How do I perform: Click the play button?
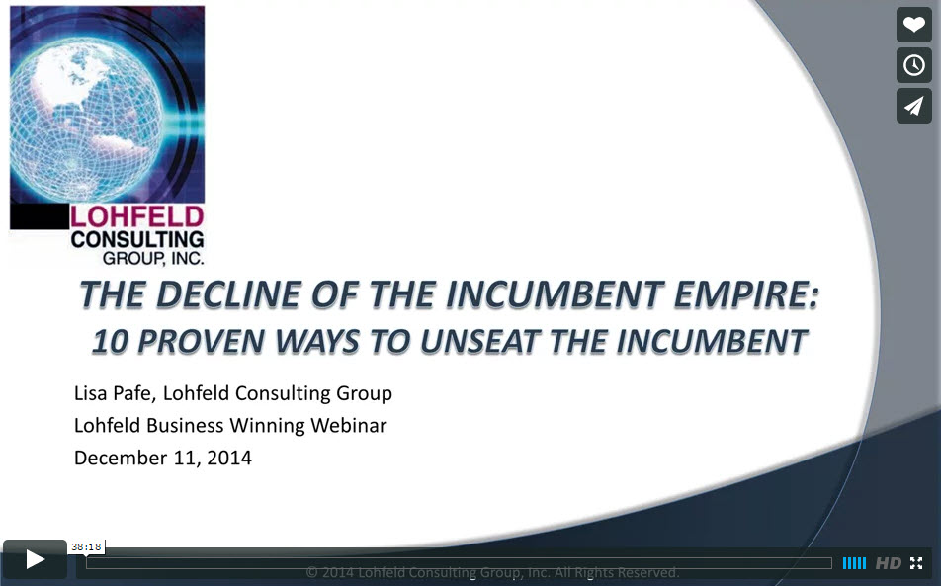[x=35, y=559]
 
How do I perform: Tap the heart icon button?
[x=914, y=25]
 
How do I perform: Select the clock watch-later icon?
[x=914, y=65]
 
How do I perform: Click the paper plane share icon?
[x=914, y=106]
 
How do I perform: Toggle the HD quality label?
[x=889, y=564]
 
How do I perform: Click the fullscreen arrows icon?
[x=916, y=563]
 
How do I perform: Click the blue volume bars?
[x=854, y=563]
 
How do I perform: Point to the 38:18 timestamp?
[x=86, y=547]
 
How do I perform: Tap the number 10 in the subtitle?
[x=111, y=342]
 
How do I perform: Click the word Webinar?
[x=349, y=425]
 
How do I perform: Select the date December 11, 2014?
[x=163, y=458]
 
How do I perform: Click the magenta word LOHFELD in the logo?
[x=137, y=217]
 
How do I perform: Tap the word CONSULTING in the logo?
[x=137, y=240]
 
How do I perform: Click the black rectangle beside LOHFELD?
[x=40, y=216]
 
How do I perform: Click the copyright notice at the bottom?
[x=492, y=572]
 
